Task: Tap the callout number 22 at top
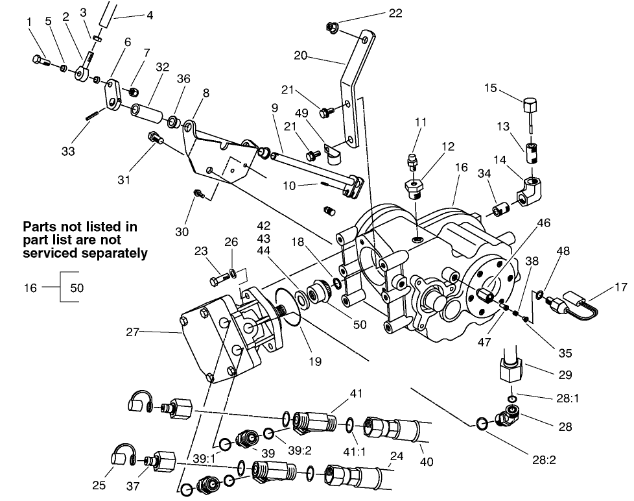[x=395, y=13]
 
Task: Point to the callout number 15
[x=491, y=88]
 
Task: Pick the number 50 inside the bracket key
[x=77, y=287]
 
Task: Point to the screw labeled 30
[x=200, y=193]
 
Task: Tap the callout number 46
[x=543, y=222]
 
